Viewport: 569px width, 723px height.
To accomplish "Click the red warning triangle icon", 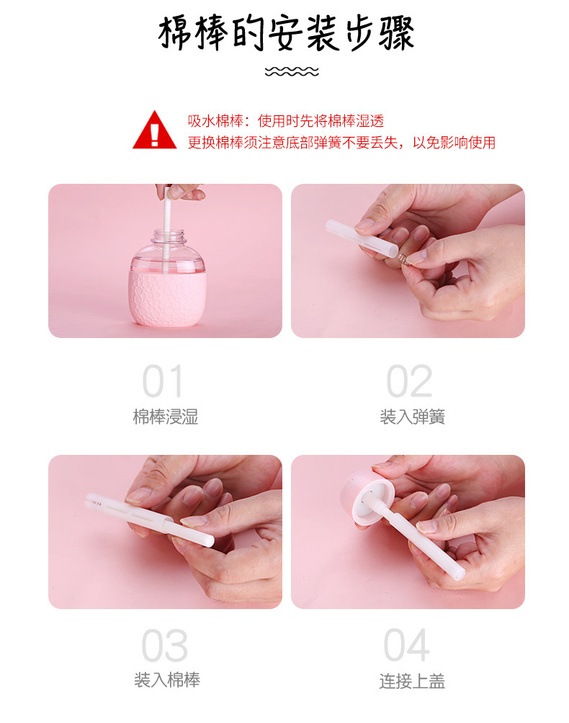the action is click(154, 130).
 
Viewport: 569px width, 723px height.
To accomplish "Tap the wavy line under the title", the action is click(292, 71).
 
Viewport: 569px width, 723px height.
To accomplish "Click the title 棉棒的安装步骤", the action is click(286, 33).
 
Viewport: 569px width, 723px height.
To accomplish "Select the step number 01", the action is click(163, 381).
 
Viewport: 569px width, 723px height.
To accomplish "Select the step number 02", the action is click(409, 381).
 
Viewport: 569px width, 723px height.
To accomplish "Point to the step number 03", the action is click(164, 645).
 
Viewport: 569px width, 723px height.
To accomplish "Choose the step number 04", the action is click(407, 644).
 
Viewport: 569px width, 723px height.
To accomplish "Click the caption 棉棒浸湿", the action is click(166, 417).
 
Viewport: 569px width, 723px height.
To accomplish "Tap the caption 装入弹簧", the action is click(413, 417).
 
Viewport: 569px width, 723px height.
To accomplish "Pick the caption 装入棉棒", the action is click(167, 680).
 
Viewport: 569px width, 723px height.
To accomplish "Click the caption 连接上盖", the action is click(413, 681).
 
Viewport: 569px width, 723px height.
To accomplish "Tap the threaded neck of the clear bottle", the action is click(169, 236).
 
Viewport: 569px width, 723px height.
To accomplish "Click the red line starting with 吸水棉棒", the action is click(286, 121).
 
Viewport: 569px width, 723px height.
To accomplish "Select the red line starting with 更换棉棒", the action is click(341, 143).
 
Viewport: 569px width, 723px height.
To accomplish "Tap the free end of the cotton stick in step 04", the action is click(459, 574).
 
